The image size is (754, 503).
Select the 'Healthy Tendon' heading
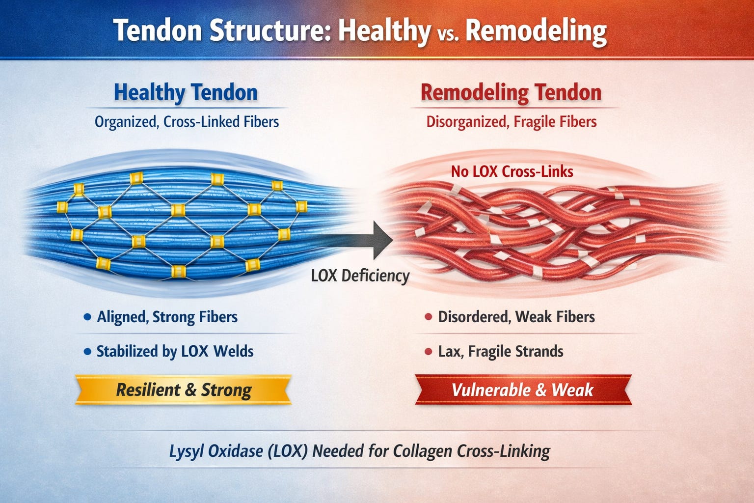coord(186,92)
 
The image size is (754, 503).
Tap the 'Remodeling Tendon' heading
coord(511,92)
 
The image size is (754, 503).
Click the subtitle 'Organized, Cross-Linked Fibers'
coord(187,122)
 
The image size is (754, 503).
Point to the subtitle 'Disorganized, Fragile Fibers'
coord(511,122)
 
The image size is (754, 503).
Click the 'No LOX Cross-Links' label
coord(512,171)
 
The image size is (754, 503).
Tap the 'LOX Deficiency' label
coord(360,276)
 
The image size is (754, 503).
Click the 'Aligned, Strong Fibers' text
coord(167,317)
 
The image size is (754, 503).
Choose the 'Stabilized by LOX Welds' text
coord(175,352)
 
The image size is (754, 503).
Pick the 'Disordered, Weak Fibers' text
coord(516,317)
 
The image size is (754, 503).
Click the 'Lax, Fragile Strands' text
coord(500,352)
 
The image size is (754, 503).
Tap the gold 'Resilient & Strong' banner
coord(183,390)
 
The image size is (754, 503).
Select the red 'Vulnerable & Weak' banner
coord(522,390)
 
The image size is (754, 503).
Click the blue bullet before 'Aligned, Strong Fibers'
coord(87,317)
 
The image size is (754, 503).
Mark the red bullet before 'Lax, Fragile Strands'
coord(428,352)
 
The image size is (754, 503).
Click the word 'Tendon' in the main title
coord(158,30)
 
